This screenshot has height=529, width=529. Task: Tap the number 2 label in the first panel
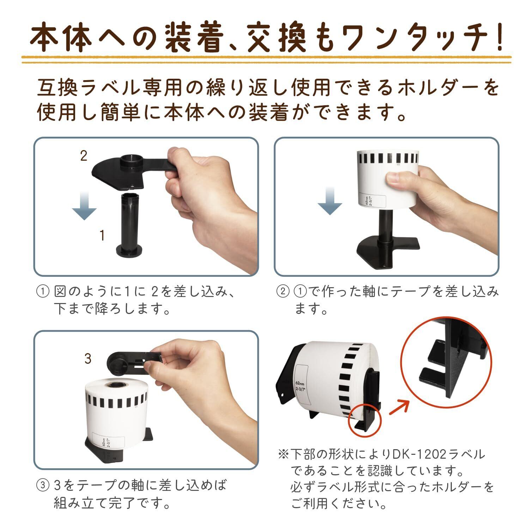tap(84, 156)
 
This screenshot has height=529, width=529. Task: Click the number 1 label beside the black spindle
tap(102, 235)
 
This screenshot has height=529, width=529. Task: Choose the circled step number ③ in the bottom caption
tap(42, 486)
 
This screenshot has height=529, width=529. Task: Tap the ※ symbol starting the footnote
tap(283, 454)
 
